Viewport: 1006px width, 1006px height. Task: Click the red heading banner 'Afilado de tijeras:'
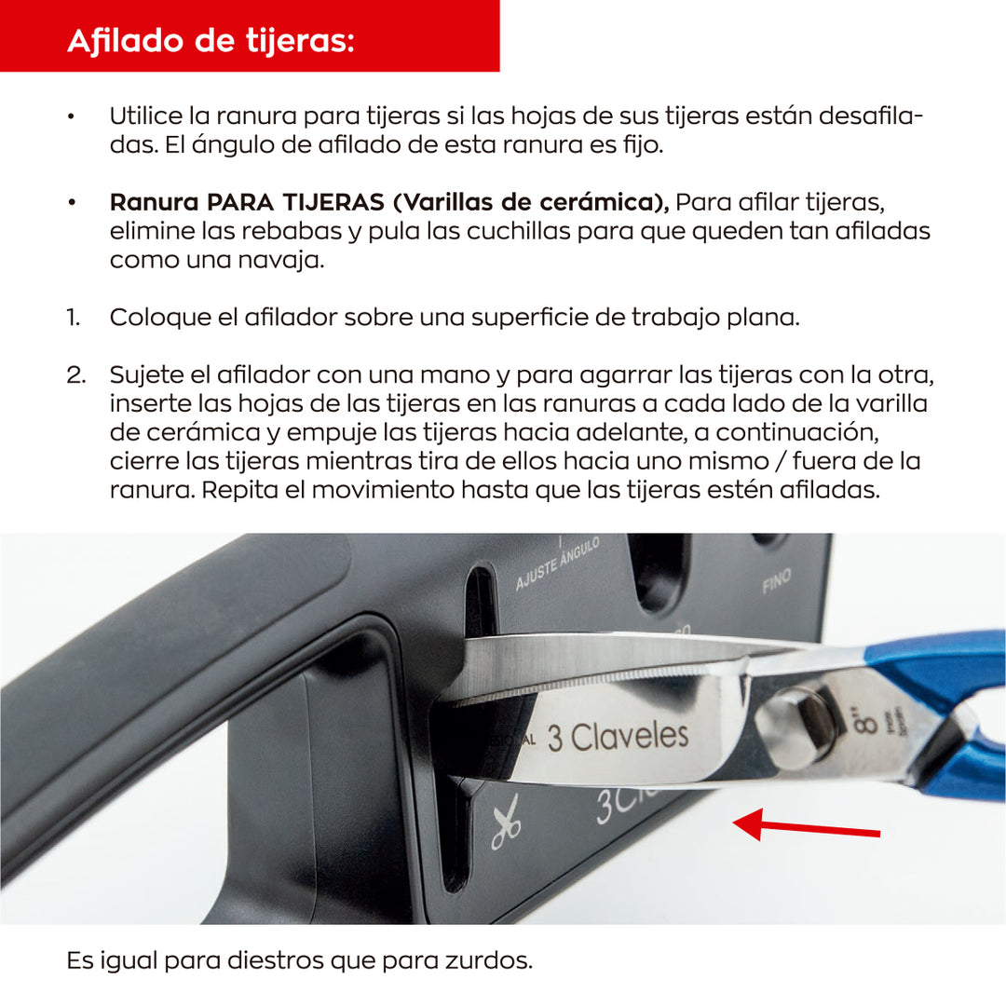(x=250, y=37)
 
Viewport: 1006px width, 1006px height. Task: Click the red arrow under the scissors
(x=807, y=825)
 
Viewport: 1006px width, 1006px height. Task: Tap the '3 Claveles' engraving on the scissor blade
(x=618, y=737)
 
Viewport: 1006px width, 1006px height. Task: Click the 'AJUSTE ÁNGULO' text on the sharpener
(x=557, y=564)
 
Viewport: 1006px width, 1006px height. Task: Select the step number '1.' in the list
(x=73, y=318)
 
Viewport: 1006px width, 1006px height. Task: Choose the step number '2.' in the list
(x=75, y=375)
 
